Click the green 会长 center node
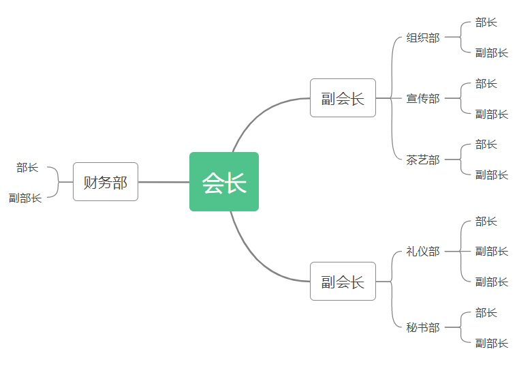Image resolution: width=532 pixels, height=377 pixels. (224, 182)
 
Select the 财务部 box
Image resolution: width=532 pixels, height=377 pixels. (106, 182)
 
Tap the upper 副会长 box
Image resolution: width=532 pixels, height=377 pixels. (343, 97)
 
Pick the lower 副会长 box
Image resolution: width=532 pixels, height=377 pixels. (343, 282)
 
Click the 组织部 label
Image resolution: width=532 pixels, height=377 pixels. (423, 37)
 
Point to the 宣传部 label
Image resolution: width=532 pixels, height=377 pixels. (423, 98)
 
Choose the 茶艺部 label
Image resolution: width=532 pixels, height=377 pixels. (423, 160)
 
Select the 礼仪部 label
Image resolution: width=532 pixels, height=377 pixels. (423, 252)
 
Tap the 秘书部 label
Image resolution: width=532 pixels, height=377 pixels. (423, 327)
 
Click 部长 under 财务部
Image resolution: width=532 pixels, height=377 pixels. (27, 167)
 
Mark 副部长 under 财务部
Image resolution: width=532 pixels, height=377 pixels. (25, 198)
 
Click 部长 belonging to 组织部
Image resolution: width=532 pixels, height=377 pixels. (486, 22)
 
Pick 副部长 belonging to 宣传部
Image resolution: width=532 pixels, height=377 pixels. (492, 114)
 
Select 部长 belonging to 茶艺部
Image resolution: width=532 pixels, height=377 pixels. (486, 145)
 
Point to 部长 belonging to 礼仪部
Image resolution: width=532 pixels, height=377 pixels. (486, 222)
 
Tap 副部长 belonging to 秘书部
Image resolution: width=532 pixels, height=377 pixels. (492, 343)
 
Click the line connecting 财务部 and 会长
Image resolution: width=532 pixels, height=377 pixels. (164, 182)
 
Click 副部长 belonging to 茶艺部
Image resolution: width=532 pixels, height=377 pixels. (492, 175)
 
